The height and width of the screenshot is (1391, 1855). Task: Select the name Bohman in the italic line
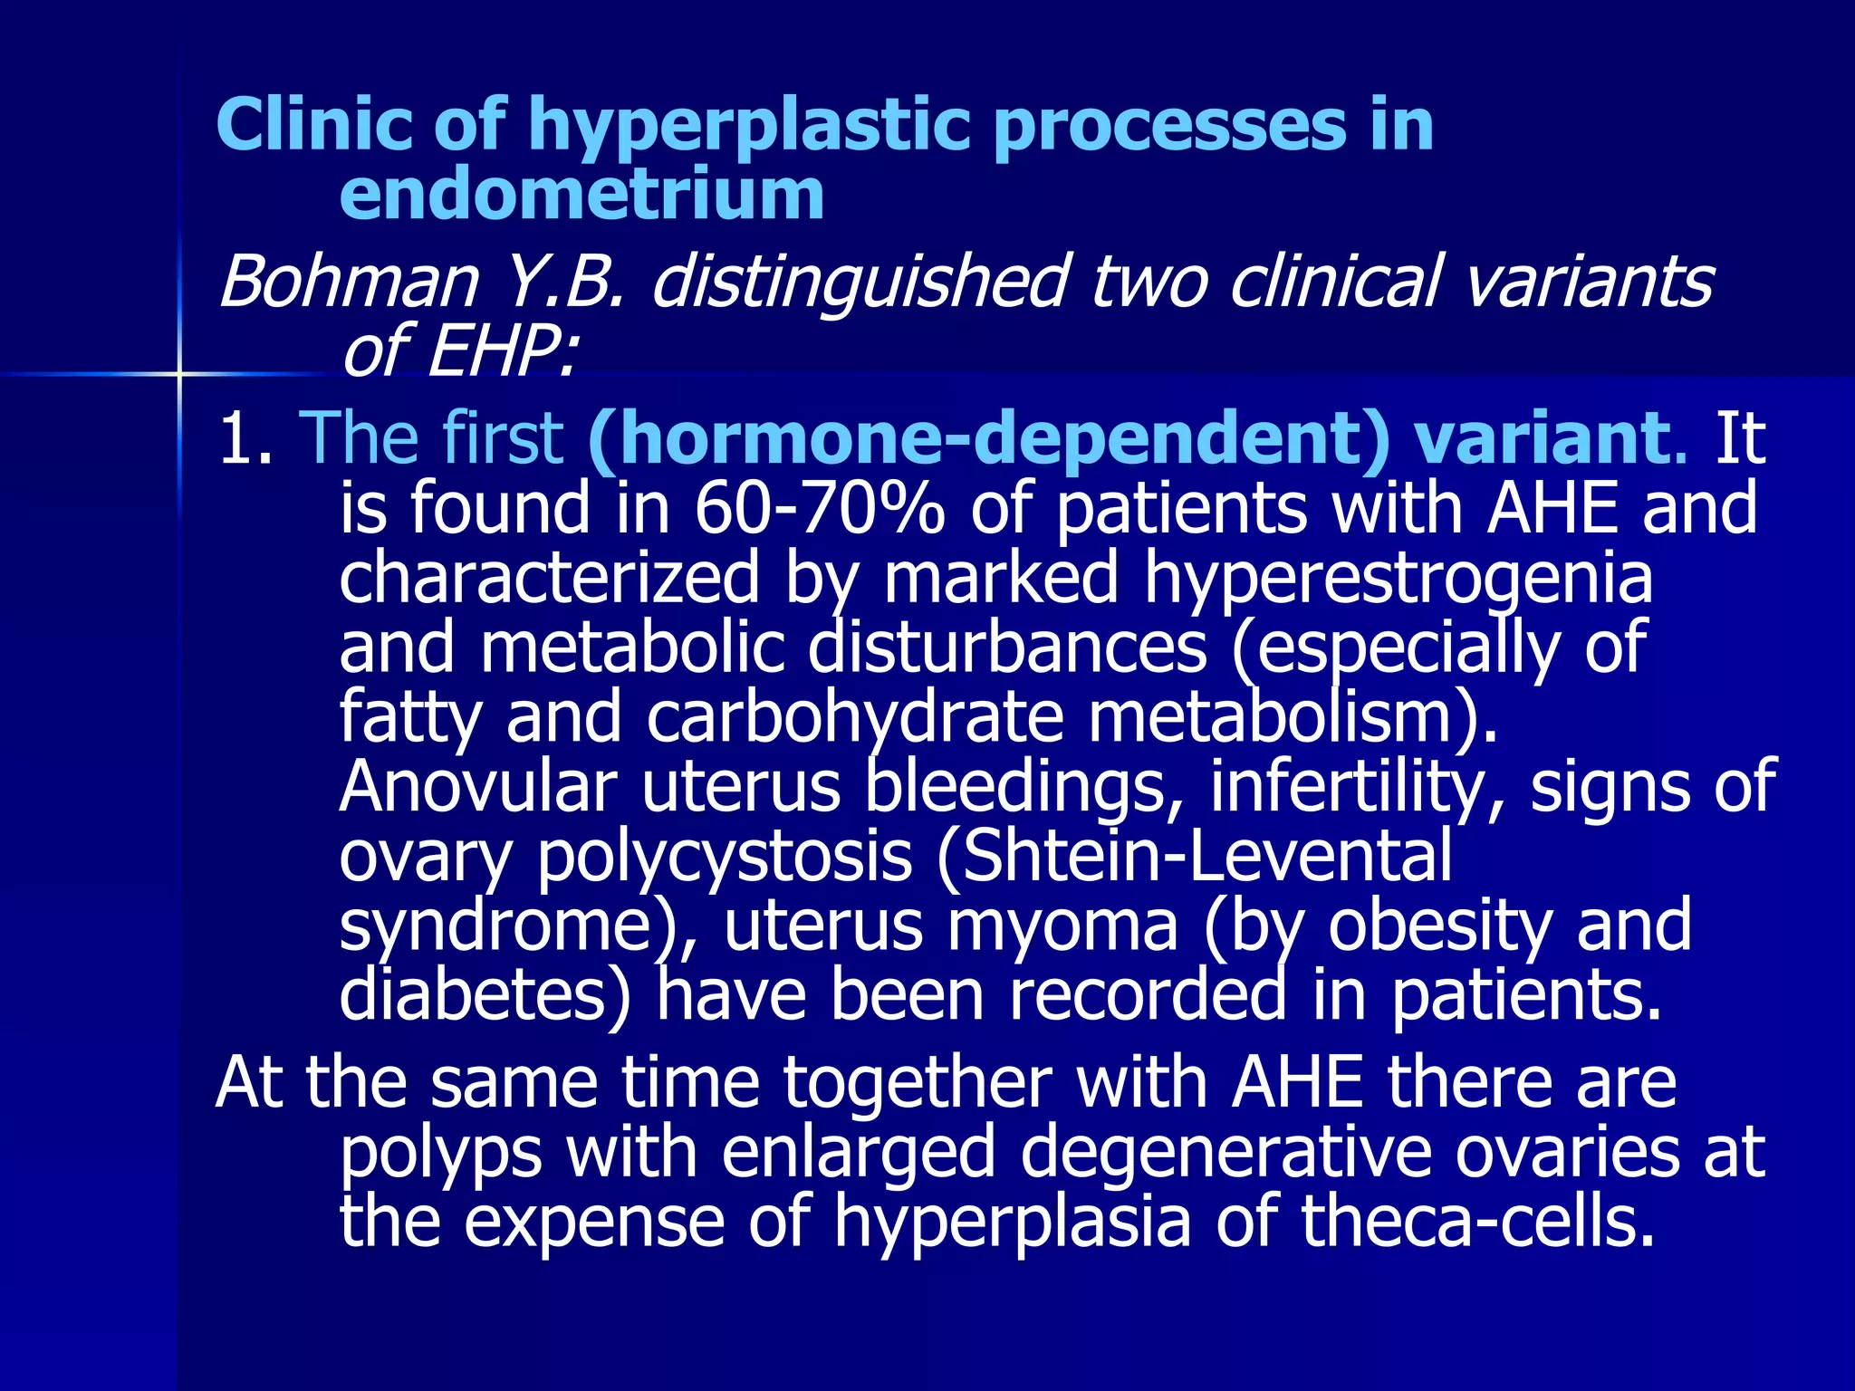348,282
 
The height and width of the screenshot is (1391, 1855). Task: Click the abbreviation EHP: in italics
502,351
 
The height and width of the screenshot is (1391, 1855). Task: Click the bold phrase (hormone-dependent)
987,438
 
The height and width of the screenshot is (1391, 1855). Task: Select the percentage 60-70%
819,508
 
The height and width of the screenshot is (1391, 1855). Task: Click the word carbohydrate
854,717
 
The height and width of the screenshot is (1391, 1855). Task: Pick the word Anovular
477,786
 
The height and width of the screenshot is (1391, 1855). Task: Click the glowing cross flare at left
179,373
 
